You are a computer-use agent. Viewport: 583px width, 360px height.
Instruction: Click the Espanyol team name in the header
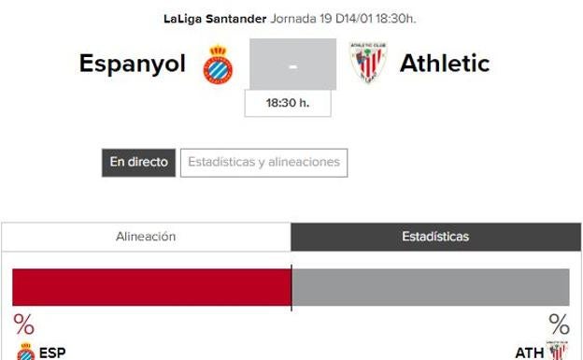tap(135, 64)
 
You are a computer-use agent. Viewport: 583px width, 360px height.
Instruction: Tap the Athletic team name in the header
tap(444, 64)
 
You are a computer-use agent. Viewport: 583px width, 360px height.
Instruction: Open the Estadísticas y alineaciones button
tap(263, 162)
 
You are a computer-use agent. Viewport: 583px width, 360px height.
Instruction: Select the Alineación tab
tap(146, 238)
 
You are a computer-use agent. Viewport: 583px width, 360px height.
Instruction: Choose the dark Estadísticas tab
tap(434, 238)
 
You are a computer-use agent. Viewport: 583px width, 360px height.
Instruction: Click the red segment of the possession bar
tap(151, 286)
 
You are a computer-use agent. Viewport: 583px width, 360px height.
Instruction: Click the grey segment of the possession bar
tap(431, 286)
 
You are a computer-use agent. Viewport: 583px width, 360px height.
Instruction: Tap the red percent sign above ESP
tap(24, 324)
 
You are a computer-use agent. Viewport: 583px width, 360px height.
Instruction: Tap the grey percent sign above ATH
tap(559, 324)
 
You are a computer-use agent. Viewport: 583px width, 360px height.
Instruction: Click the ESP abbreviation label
tap(52, 353)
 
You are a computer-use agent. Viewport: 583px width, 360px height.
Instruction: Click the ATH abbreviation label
tap(529, 353)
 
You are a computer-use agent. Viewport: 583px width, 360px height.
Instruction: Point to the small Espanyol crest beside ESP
tap(24, 353)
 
